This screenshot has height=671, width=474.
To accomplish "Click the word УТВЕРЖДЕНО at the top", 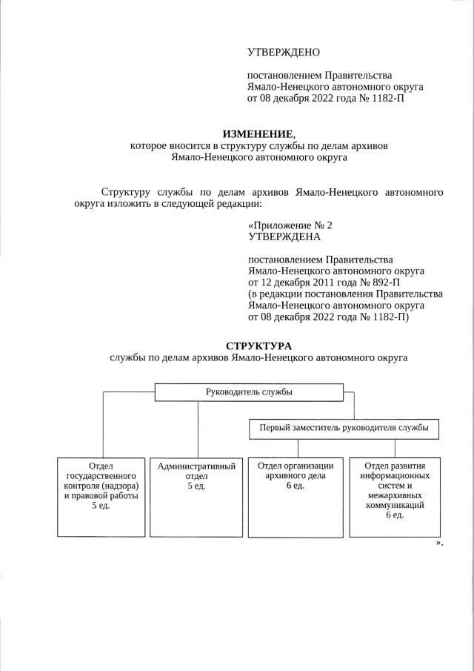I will [x=283, y=53].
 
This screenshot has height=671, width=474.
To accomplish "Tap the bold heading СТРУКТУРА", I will [x=258, y=346].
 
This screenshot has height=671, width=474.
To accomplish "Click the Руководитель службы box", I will [x=249, y=392].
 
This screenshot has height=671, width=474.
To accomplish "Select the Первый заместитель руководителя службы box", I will [x=343, y=429].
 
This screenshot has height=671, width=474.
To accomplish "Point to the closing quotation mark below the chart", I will [x=438, y=543].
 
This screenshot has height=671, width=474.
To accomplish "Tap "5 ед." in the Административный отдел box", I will [x=196, y=486].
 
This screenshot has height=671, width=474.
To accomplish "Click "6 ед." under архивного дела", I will [x=296, y=486].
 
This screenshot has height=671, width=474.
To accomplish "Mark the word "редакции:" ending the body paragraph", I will [x=238, y=205].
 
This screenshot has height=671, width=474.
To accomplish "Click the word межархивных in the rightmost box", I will [x=395, y=496].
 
